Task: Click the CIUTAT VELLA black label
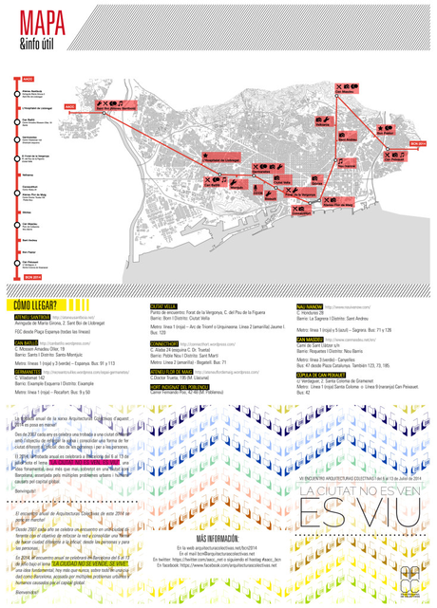click(x=164, y=307)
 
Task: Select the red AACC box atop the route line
click(x=28, y=78)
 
